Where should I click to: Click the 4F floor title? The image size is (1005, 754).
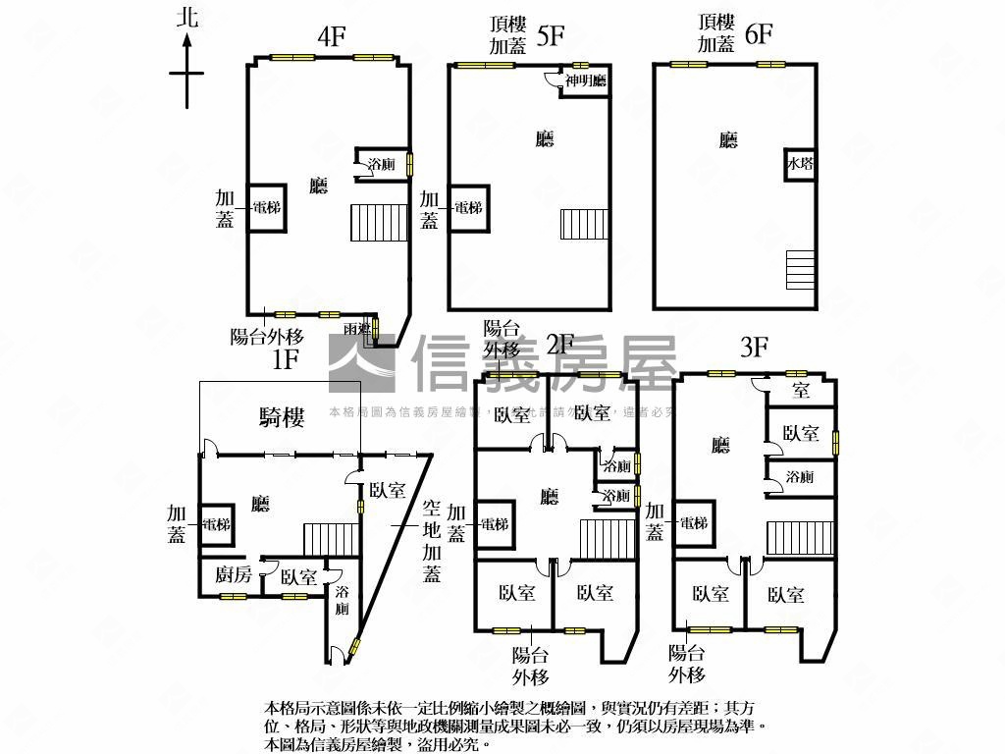tap(331, 37)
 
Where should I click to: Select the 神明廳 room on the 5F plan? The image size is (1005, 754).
tap(585, 82)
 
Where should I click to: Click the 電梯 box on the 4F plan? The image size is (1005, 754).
tap(266, 207)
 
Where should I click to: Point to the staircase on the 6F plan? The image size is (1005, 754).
tap(800, 270)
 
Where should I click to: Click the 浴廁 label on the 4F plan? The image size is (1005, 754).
tap(381, 165)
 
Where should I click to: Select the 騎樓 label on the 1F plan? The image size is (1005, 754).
tap(282, 418)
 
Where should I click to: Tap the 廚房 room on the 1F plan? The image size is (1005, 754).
tap(234, 576)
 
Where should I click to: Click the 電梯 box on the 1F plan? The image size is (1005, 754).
tap(215, 524)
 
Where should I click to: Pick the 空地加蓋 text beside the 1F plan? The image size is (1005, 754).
tap(432, 541)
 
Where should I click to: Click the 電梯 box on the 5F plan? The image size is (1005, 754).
tap(468, 208)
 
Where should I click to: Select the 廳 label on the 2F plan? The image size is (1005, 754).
tap(549, 497)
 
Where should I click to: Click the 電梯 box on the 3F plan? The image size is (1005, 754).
tap(693, 523)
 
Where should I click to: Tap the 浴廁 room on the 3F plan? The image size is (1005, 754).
tap(800, 477)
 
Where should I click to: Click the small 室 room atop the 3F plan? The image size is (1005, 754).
tap(801, 391)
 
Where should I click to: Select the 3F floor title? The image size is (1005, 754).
tap(754, 347)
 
